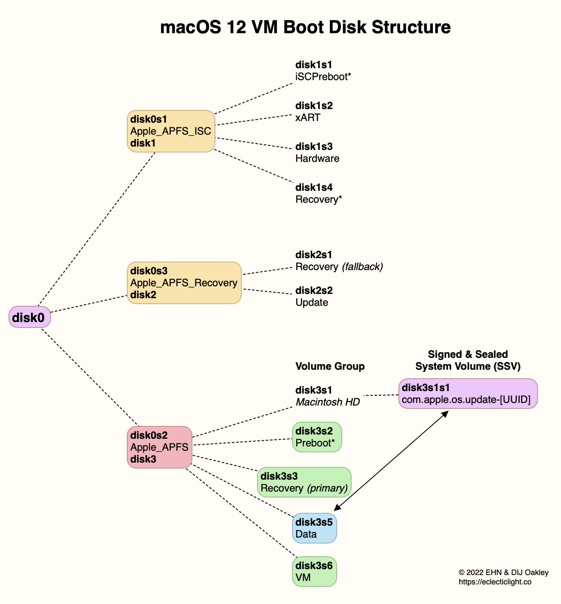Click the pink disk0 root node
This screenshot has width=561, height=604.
(x=30, y=317)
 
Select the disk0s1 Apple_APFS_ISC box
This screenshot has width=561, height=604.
(x=171, y=131)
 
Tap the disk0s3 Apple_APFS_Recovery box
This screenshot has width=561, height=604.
(x=184, y=283)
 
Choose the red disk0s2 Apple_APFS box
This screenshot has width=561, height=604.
(x=160, y=447)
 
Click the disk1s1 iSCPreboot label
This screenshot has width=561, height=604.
(x=323, y=71)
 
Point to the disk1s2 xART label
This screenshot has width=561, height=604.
(x=314, y=112)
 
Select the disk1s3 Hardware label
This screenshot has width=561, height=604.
(x=317, y=152)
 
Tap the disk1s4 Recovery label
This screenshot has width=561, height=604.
(x=318, y=193)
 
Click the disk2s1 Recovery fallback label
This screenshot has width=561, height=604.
(x=339, y=261)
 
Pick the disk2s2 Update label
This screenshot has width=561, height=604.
(x=314, y=296)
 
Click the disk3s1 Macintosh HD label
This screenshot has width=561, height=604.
(x=327, y=396)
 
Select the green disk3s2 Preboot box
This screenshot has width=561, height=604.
(x=317, y=437)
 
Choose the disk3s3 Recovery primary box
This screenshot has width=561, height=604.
(x=304, y=482)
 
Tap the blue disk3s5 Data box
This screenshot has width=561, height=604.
(x=314, y=528)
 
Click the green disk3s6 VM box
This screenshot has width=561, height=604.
(x=314, y=572)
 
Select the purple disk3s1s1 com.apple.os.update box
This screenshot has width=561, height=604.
(x=468, y=394)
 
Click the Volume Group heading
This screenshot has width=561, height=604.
(x=330, y=366)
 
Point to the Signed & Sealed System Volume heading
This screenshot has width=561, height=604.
(x=468, y=360)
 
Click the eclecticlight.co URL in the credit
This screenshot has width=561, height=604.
(x=495, y=582)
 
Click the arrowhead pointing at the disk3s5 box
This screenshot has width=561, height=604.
(x=337, y=508)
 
